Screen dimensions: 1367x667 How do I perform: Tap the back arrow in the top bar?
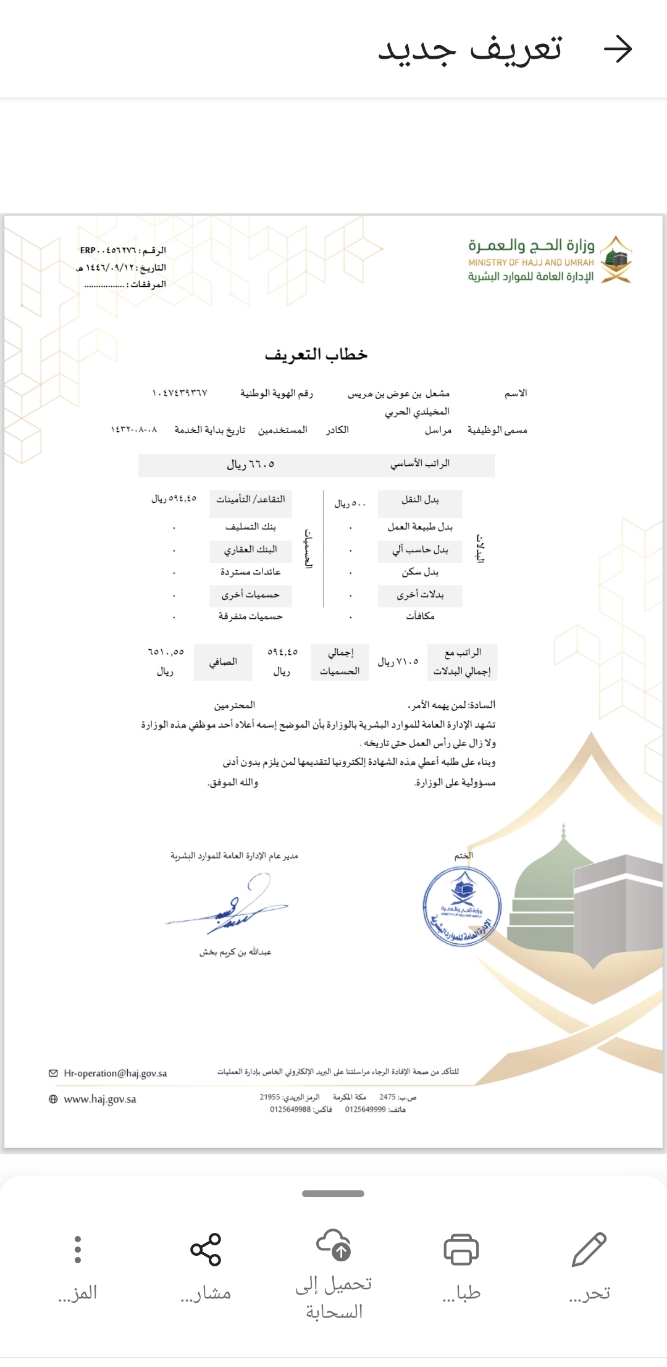(618, 49)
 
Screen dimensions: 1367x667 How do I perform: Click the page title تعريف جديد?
(470, 49)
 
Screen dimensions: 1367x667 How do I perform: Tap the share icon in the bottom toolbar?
(206, 1249)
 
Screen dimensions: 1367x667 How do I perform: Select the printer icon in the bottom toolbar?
(461, 1249)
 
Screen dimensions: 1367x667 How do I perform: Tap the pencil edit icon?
(589, 1249)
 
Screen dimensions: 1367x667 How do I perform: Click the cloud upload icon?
(333, 1244)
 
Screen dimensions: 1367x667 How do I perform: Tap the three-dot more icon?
(78, 1249)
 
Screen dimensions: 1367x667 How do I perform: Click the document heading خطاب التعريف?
(316, 355)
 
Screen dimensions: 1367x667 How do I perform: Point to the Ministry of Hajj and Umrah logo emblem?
(616, 259)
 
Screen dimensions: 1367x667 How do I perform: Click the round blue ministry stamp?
(462, 907)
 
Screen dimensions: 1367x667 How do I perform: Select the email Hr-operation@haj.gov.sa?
(115, 1073)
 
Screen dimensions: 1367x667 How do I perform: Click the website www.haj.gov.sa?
(99, 1099)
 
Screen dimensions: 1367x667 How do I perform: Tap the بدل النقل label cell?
(420, 500)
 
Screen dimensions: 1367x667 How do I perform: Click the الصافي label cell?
(223, 662)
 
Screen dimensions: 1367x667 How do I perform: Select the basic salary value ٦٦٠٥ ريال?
(250, 465)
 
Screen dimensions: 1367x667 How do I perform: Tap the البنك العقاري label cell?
(250, 549)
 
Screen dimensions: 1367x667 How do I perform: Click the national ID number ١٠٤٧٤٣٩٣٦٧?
(180, 393)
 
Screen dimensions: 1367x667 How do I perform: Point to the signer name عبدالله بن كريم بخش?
(235, 952)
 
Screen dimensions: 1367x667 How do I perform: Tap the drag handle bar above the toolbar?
(333, 1193)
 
